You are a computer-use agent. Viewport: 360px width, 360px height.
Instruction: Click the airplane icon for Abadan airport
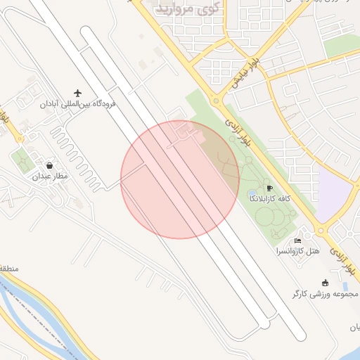(78, 93)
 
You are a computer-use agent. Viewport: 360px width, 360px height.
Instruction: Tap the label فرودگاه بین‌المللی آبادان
(78, 104)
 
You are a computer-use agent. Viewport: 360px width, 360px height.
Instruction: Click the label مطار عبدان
(50, 176)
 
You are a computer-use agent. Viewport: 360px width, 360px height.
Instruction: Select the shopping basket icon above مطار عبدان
(49, 165)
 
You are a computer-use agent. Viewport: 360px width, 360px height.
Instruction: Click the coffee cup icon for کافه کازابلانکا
(269, 188)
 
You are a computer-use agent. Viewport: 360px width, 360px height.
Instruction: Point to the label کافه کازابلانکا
(270, 199)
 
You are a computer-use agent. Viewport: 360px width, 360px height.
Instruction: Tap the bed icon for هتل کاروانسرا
(297, 240)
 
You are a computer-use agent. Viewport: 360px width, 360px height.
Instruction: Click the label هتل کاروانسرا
(298, 251)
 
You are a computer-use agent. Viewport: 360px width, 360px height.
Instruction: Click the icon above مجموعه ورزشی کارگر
(325, 282)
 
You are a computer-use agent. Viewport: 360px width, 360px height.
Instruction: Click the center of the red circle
(180, 179)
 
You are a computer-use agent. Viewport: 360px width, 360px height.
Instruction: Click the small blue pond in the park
(252, 193)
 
